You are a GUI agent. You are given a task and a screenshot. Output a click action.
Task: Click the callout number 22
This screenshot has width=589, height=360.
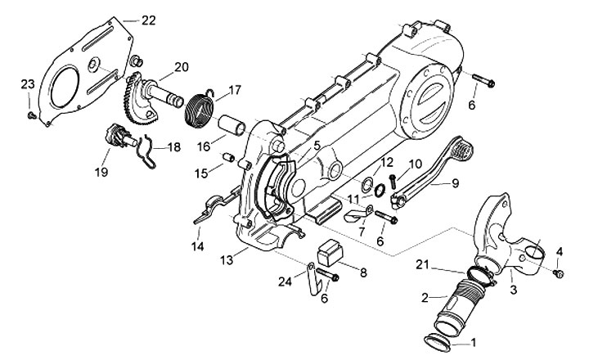[148, 20]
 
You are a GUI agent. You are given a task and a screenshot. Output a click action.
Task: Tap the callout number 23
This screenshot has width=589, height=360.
[27, 83]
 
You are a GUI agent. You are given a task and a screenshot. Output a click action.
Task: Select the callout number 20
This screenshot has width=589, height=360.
[181, 67]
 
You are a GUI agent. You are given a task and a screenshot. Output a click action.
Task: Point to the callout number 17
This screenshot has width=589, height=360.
[234, 89]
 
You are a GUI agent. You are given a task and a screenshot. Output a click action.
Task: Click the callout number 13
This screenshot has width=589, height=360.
[224, 260]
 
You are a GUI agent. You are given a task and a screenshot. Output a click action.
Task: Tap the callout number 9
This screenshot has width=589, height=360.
[454, 182]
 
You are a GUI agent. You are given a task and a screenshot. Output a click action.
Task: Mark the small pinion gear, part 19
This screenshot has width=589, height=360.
[115, 133]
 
